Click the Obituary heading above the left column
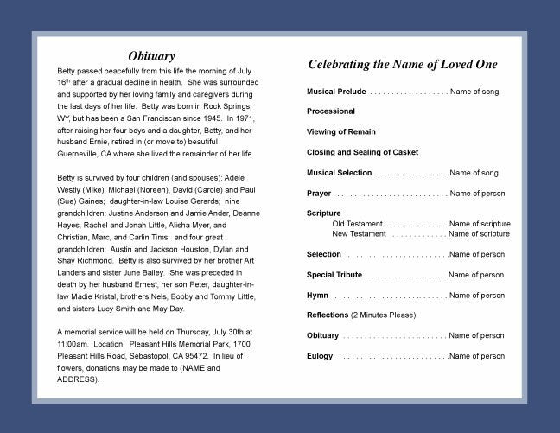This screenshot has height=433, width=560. [151, 56]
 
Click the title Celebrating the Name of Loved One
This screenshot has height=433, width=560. [402, 65]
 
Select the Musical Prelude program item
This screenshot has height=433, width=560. [336, 91]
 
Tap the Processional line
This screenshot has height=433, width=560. [331, 111]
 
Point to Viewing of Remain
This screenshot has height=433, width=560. [342, 132]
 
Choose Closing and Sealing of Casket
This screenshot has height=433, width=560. [362, 152]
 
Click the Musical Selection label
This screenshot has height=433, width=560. [340, 173]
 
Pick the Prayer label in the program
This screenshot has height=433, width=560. [319, 193]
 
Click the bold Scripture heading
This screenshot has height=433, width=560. [324, 213]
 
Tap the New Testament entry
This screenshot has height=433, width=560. [360, 234]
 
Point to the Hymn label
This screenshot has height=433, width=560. [317, 296]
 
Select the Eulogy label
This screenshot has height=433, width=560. [320, 356]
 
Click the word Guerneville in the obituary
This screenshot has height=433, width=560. [81, 154]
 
